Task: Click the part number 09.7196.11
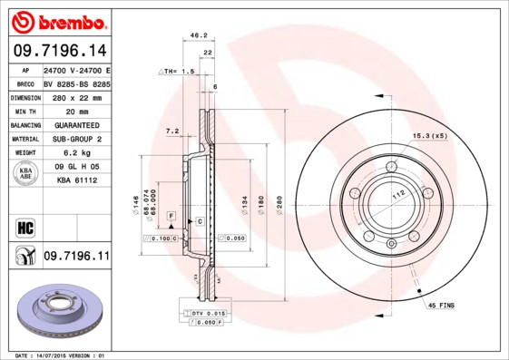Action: coord(75,258)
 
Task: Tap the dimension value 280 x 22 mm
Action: coord(75,96)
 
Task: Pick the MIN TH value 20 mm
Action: coord(75,111)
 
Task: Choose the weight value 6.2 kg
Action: coord(75,153)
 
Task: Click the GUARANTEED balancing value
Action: coord(75,124)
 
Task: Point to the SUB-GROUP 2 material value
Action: coord(75,139)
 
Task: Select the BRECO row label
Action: coord(25,83)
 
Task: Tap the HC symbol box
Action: coord(24,226)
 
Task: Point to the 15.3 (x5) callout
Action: coord(430,135)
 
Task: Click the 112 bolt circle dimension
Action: coord(396,193)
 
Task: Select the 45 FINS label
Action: coord(442,306)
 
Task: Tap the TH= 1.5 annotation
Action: coord(177,70)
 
